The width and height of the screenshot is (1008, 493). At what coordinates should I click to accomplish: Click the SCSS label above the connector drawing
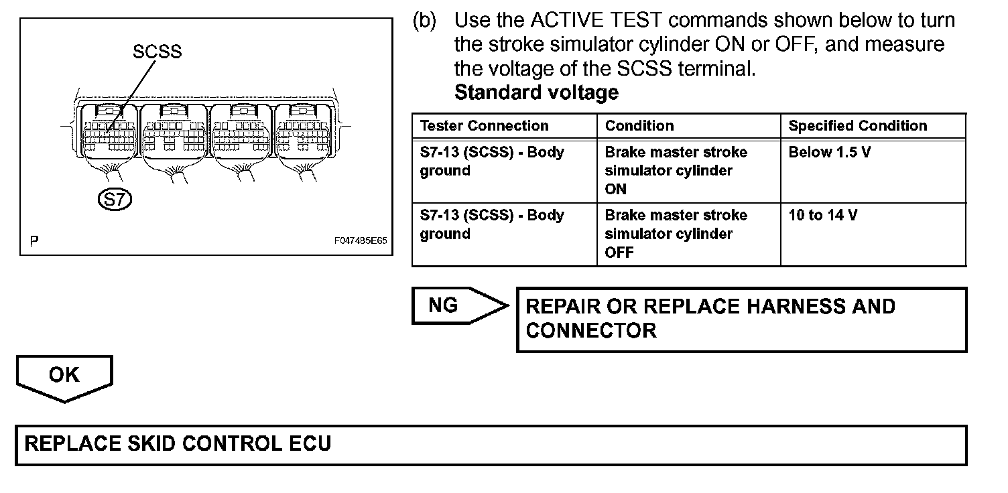[157, 52]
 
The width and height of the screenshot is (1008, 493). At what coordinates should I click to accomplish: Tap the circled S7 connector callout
[115, 199]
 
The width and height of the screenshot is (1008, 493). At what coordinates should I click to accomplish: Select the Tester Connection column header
[484, 126]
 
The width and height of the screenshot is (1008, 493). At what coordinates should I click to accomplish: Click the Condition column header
[639, 126]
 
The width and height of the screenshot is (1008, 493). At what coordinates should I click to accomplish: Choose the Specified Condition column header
[857, 126]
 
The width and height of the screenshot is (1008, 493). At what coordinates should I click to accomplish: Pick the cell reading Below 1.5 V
[829, 152]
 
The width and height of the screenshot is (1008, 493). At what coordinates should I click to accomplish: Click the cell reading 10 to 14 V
[823, 215]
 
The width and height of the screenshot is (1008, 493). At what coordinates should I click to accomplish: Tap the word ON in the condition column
[615, 189]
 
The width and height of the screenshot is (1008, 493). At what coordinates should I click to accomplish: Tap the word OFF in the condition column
[619, 253]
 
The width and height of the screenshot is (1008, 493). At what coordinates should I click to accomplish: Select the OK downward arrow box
[64, 376]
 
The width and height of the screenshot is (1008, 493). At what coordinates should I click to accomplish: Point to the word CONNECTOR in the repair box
[590, 330]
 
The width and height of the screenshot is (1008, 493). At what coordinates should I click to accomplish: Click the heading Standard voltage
[536, 92]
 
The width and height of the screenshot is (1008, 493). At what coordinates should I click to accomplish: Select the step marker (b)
[424, 21]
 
